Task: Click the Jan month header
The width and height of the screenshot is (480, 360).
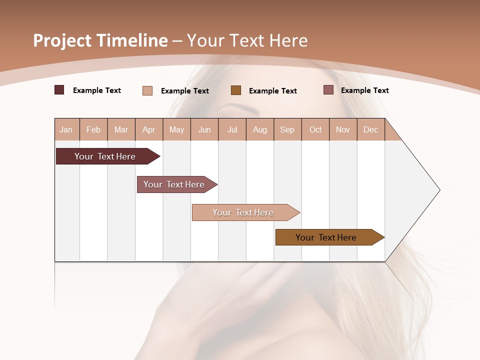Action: pyautogui.click(x=66, y=129)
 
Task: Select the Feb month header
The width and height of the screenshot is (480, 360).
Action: pyautogui.click(x=93, y=129)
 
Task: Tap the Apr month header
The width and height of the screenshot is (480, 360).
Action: pyautogui.click(x=149, y=129)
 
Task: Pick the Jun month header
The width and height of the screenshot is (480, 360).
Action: pyautogui.click(x=204, y=129)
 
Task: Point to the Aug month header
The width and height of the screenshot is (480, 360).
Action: pyautogui.click(x=260, y=129)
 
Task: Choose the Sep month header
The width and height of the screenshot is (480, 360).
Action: pyautogui.click(x=287, y=129)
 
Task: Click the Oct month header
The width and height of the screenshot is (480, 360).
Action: pyautogui.click(x=315, y=129)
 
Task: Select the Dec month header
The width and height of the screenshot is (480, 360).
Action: pyautogui.click(x=371, y=129)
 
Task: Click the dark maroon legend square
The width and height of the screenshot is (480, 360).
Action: pyautogui.click(x=59, y=90)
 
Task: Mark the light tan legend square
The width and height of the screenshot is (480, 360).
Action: pyautogui.click(x=147, y=90)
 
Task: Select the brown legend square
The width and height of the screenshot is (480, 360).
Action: pyautogui.click(x=236, y=90)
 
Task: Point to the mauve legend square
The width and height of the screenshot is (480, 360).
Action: pyautogui.click(x=328, y=90)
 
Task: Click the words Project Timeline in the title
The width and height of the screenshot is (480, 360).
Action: pyautogui.click(x=100, y=40)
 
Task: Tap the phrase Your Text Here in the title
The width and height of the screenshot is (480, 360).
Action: pyautogui.click(x=247, y=40)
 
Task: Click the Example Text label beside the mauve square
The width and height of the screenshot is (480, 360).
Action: pyautogui.click(x=364, y=90)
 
